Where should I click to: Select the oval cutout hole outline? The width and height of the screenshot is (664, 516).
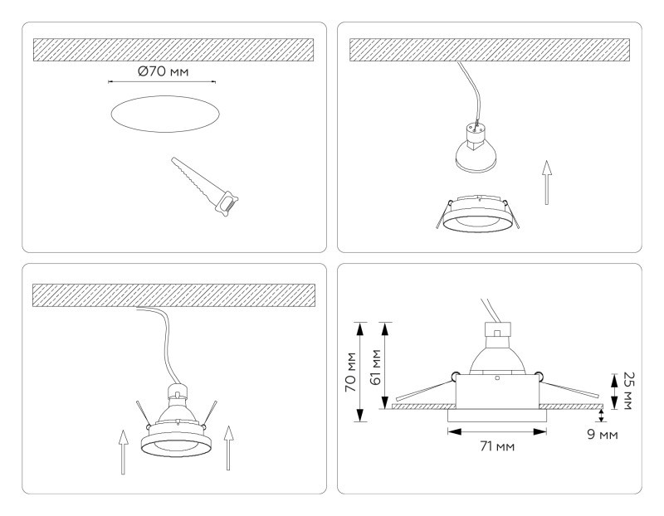pyautogui.click(x=165, y=113)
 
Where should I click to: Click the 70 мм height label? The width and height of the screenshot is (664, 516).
pyautogui.click(x=352, y=372)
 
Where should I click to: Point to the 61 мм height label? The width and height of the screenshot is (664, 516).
pyautogui.click(x=374, y=366)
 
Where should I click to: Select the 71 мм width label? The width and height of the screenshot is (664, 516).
pyautogui.click(x=497, y=447)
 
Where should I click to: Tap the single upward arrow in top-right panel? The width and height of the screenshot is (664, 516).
pyautogui.click(x=545, y=182)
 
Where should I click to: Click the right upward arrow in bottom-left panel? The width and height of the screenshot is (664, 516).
pyautogui.click(x=227, y=449)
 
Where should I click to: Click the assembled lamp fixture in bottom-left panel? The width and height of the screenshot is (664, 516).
pyautogui.click(x=179, y=423)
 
